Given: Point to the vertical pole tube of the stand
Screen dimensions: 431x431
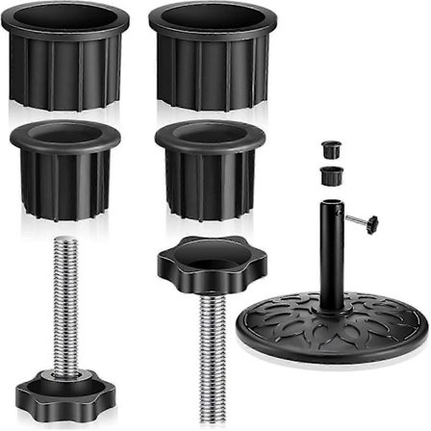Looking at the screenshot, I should (x=330, y=255).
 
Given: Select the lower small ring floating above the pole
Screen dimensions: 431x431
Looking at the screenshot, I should (x=329, y=176).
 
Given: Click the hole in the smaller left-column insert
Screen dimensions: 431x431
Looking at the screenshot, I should (x=66, y=135).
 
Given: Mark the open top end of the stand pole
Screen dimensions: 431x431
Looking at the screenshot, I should (x=329, y=203).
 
